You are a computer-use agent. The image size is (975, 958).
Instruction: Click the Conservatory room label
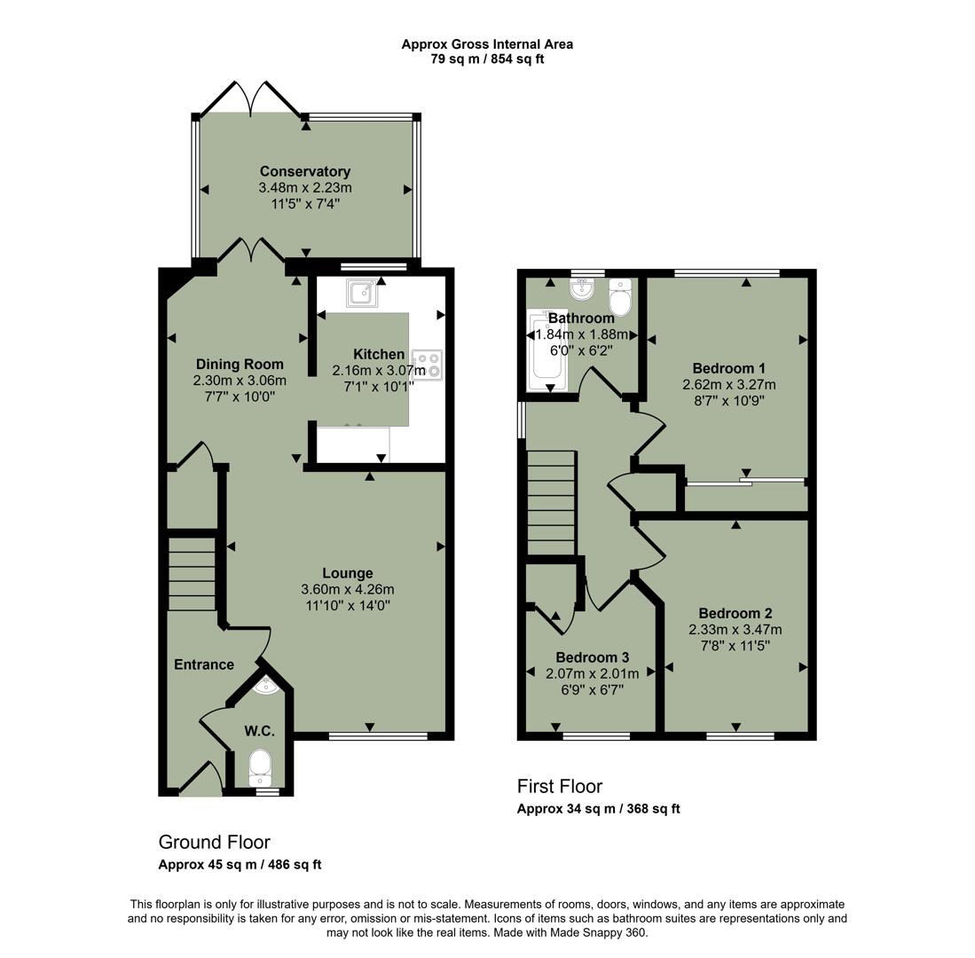(x=304, y=171)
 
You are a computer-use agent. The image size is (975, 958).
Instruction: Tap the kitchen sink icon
(x=361, y=292)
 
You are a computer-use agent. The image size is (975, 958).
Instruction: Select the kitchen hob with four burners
(x=427, y=365)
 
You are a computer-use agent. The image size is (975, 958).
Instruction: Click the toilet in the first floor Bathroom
(x=620, y=296)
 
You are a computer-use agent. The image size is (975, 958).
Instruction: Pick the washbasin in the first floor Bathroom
(x=583, y=288)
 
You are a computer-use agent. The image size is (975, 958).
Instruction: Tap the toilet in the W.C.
(x=260, y=765)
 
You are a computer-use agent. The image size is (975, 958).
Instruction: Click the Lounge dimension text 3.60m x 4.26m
(x=347, y=589)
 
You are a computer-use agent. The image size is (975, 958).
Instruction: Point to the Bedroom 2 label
(x=735, y=613)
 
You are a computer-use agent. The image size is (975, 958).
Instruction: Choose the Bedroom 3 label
(x=592, y=657)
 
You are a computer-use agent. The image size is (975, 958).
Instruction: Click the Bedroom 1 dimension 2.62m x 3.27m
(x=728, y=384)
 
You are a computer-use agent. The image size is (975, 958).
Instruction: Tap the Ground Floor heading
(x=214, y=842)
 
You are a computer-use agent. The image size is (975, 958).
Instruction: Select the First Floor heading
(x=559, y=786)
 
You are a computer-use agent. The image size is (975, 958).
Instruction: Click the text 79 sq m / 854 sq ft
(x=486, y=59)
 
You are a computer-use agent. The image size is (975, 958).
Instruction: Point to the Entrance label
(x=203, y=664)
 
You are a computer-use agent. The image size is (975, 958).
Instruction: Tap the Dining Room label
(x=240, y=364)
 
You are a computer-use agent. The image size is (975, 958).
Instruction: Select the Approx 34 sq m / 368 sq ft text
(x=598, y=808)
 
